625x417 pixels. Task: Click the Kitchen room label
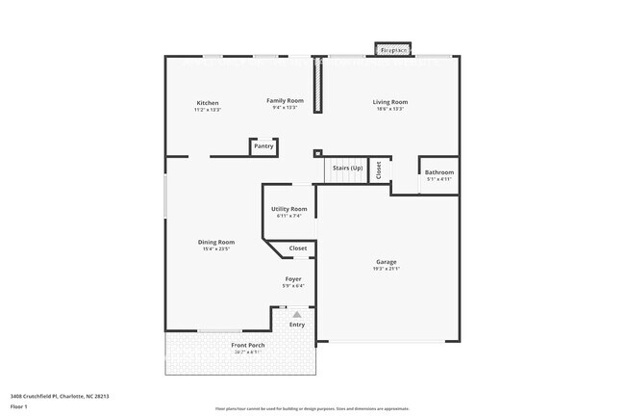208,103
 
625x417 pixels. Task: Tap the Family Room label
285,100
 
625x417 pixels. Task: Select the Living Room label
390,102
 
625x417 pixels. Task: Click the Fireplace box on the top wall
393,49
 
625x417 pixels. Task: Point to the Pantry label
263,146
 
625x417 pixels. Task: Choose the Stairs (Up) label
347,169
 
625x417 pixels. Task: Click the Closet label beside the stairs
380,169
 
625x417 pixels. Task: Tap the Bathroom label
438,172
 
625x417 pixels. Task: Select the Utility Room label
289,209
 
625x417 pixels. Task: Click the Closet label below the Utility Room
298,248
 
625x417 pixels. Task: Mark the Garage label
387,262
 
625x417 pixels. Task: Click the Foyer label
293,278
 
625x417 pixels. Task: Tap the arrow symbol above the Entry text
297,314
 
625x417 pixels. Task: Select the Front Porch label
247,345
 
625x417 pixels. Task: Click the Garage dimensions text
387,270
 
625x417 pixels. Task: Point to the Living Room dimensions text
390,109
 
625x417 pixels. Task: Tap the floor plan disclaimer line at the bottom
312,409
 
